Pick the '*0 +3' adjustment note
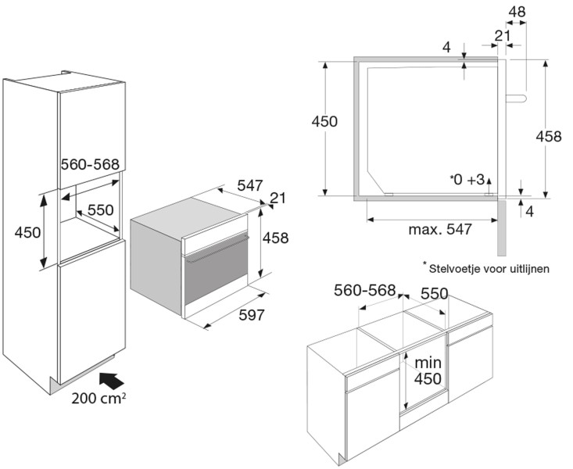click(467, 181)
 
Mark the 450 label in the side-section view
click(324, 121)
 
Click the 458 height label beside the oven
click(275, 238)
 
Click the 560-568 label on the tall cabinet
click(89, 164)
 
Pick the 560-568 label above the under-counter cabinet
click(364, 291)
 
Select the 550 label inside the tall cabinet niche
click(100, 210)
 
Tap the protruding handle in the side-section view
click(517, 98)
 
